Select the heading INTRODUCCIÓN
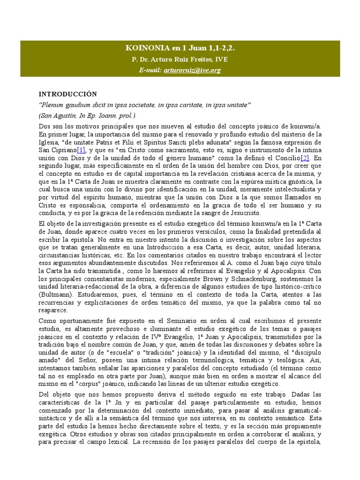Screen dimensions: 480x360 tap(67, 94)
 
